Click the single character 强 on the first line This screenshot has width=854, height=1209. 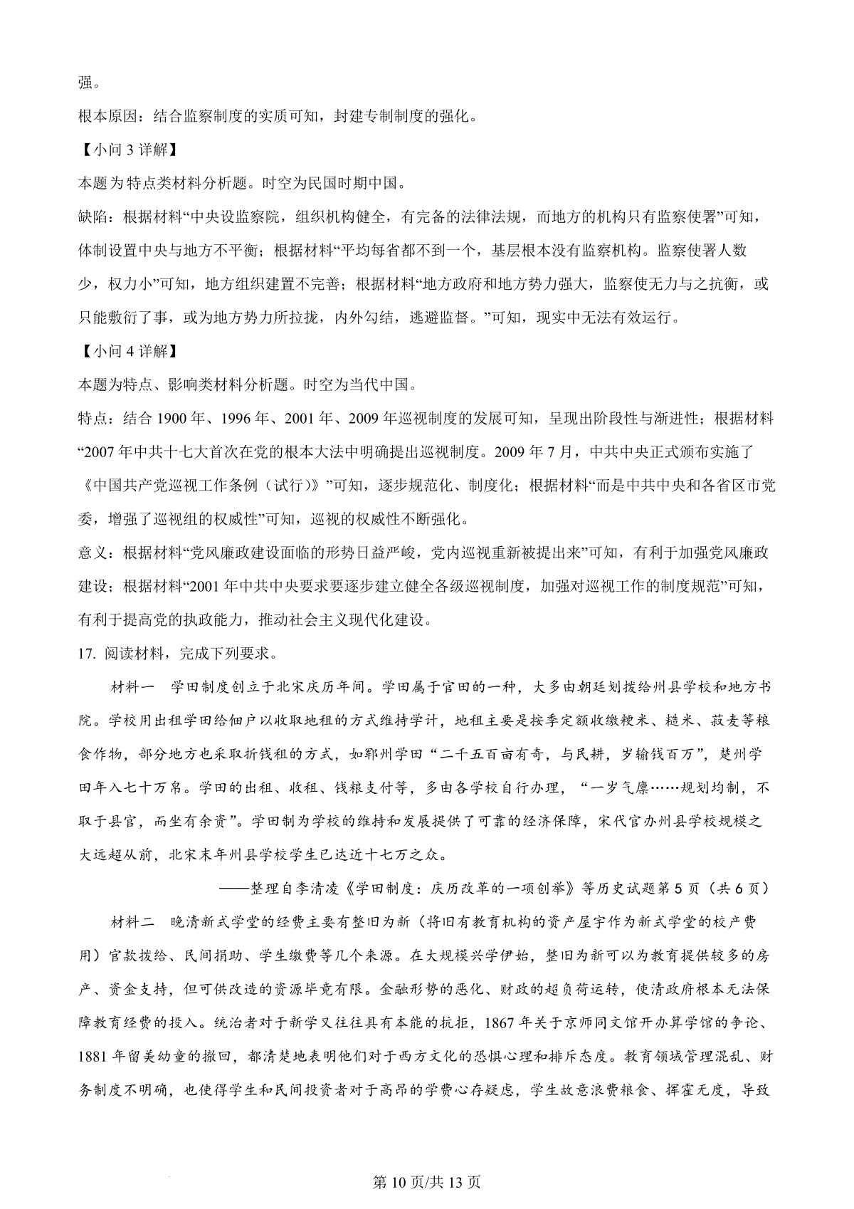click(85, 83)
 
